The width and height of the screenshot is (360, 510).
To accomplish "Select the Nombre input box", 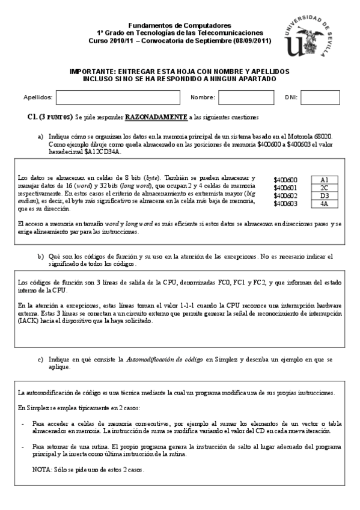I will point(237,97).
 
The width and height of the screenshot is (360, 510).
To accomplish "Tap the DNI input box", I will point(319,97).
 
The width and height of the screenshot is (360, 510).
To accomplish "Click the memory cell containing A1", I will point(324,180).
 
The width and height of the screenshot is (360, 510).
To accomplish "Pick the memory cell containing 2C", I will point(324,188).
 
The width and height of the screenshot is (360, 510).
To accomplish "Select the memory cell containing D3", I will point(324,195).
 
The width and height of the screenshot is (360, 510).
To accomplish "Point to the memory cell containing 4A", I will point(324,203).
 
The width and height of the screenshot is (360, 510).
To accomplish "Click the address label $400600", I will point(285,180).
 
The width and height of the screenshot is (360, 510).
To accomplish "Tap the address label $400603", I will point(285,204).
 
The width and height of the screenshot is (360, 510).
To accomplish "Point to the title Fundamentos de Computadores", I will point(180,26).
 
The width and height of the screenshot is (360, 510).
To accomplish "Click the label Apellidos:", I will point(37,97).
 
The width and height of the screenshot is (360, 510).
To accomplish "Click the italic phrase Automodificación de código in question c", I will point(164,360).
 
